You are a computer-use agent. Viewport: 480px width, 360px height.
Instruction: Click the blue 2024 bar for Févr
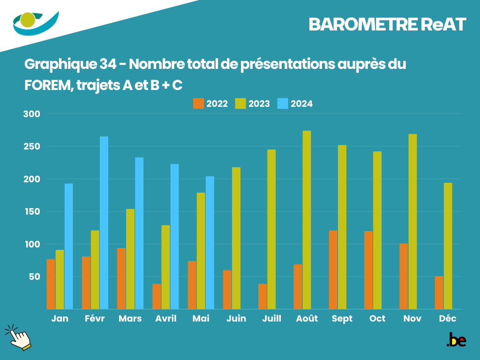[104, 223]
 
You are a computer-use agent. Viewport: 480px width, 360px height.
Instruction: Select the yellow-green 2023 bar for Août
[307, 220]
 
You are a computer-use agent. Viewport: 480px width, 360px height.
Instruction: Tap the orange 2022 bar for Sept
[333, 270]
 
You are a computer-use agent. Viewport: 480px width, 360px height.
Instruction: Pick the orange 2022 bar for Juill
[262, 296]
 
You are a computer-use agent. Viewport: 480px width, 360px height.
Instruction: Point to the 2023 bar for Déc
[448, 246]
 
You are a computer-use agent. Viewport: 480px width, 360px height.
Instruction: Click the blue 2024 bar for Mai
[210, 242]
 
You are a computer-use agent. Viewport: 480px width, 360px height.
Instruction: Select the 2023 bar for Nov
[412, 221]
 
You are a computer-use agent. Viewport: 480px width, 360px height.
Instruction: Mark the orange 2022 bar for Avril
[157, 296]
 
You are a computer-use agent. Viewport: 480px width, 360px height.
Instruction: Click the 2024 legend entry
[295, 104]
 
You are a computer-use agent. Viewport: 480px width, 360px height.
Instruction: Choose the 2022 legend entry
[210, 104]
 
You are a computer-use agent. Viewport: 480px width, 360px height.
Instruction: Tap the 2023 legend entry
[253, 104]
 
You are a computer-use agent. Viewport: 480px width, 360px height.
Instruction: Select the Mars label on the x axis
[130, 319]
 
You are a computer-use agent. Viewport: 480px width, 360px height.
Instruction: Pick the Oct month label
[377, 319]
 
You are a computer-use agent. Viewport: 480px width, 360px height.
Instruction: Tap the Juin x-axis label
[236, 319]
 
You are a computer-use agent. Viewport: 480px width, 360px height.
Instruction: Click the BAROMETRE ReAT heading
[387, 25]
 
